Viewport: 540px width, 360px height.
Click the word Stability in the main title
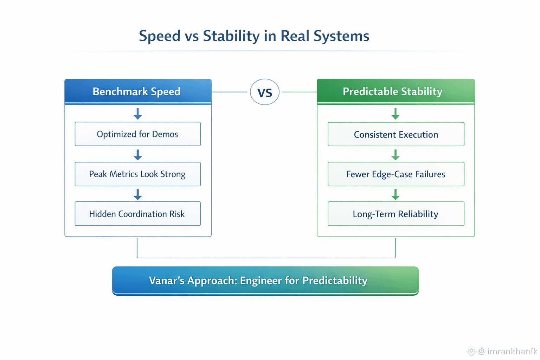click(x=231, y=36)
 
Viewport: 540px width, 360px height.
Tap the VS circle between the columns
click(x=265, y=92)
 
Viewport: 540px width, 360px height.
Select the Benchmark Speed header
click(x=138, y=91)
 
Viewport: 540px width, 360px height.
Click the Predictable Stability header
click(x=396, y=91)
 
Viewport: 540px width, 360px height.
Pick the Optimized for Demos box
click(x=138, y=134)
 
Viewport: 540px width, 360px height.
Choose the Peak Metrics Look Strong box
click(x=138, y=174)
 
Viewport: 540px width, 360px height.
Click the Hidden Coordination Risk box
click(x=138, y=214)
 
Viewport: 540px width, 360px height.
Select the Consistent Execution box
click(x=396, y=134)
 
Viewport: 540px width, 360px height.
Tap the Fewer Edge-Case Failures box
click(x=396, y=174)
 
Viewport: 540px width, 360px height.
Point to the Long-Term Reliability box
click(x=396, y=214)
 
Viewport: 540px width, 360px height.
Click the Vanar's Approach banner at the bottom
click(x=265, y=281)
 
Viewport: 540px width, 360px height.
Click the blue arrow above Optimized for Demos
click(x=138, y=114)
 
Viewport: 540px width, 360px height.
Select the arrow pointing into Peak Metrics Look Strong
click(x=138, y=155)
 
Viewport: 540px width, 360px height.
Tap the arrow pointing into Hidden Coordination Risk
click(x=138, y=194)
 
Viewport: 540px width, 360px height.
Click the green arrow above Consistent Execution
click(x=396, y=114)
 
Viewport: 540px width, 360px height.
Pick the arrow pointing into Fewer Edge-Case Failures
click(x=396, y=155)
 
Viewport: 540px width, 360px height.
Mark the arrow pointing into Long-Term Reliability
click(x=396, y=194)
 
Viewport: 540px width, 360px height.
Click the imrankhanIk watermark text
click(x=512, y=351)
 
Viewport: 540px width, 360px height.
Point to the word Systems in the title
click(x=341, y=36)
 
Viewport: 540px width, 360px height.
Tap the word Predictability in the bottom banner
click(x=335, y=281)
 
